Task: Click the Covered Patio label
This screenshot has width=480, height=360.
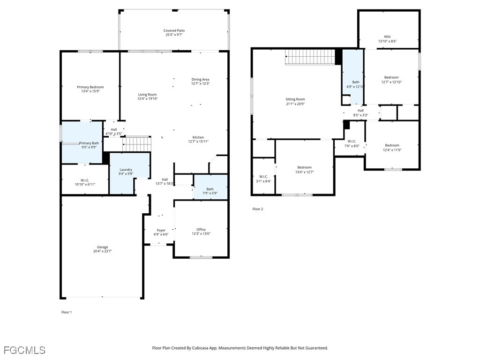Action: click(174, 30)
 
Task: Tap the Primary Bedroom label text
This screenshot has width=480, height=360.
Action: click(90, 87)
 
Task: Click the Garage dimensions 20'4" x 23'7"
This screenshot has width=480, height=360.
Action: click(102, 251)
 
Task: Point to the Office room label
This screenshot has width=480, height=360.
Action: click(201, 230)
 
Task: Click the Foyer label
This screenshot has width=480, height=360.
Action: click(161, 230)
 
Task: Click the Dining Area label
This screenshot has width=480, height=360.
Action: click(200, 79)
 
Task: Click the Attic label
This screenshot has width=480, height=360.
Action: click(387, 37)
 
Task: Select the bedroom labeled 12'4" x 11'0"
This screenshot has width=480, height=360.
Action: click(392, 148)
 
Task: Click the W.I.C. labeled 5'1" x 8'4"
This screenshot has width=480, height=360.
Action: click(263, 179)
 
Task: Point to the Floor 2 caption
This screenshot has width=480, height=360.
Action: click(258, 209)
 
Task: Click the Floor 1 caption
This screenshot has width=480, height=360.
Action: click(67, 312)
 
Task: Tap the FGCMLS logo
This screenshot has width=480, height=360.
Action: click(24, 350)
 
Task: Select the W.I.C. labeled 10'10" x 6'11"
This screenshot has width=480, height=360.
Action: click(85, 182)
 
